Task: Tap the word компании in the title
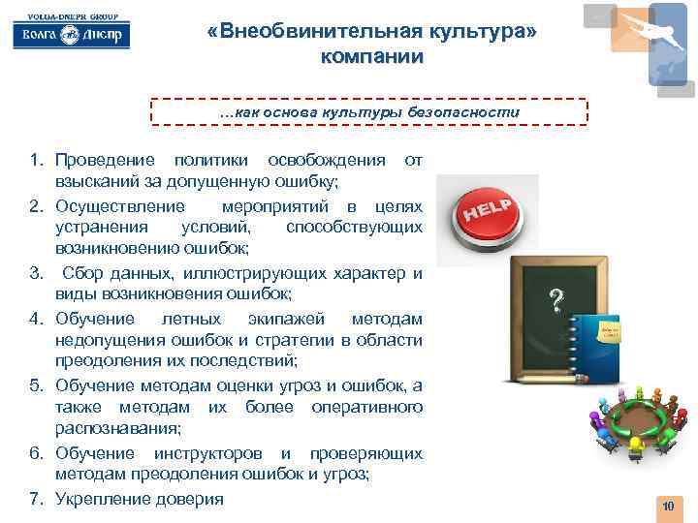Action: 371,56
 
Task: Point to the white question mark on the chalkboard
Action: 555,300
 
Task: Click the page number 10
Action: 667,507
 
